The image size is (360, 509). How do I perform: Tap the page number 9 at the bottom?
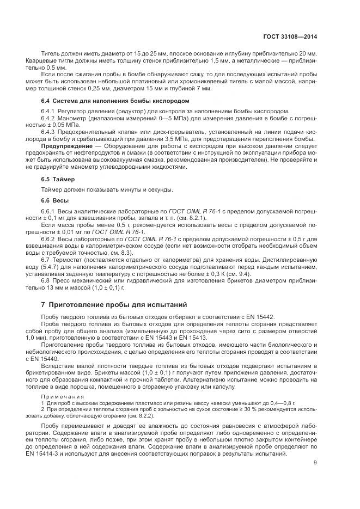click(x=316, y=463)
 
